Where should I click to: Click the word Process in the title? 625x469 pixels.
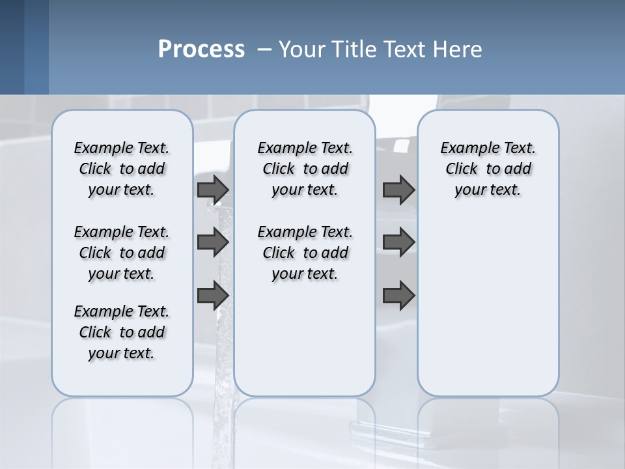201,50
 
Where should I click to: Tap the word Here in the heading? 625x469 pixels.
460,50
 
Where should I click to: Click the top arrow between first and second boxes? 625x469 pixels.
212,190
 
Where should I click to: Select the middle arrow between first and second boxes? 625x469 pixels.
212,242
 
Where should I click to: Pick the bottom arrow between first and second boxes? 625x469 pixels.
212,295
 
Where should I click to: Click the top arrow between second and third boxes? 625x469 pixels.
398,190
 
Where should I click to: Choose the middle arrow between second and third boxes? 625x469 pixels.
398,242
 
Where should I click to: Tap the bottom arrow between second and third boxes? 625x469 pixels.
398,295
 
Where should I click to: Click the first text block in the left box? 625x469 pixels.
122,169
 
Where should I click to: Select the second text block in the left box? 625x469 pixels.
122,253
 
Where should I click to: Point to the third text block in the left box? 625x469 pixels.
122,332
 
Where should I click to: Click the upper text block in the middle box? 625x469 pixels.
305,169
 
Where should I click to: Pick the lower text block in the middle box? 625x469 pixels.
305,253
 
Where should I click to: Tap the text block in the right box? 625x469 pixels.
488,169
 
